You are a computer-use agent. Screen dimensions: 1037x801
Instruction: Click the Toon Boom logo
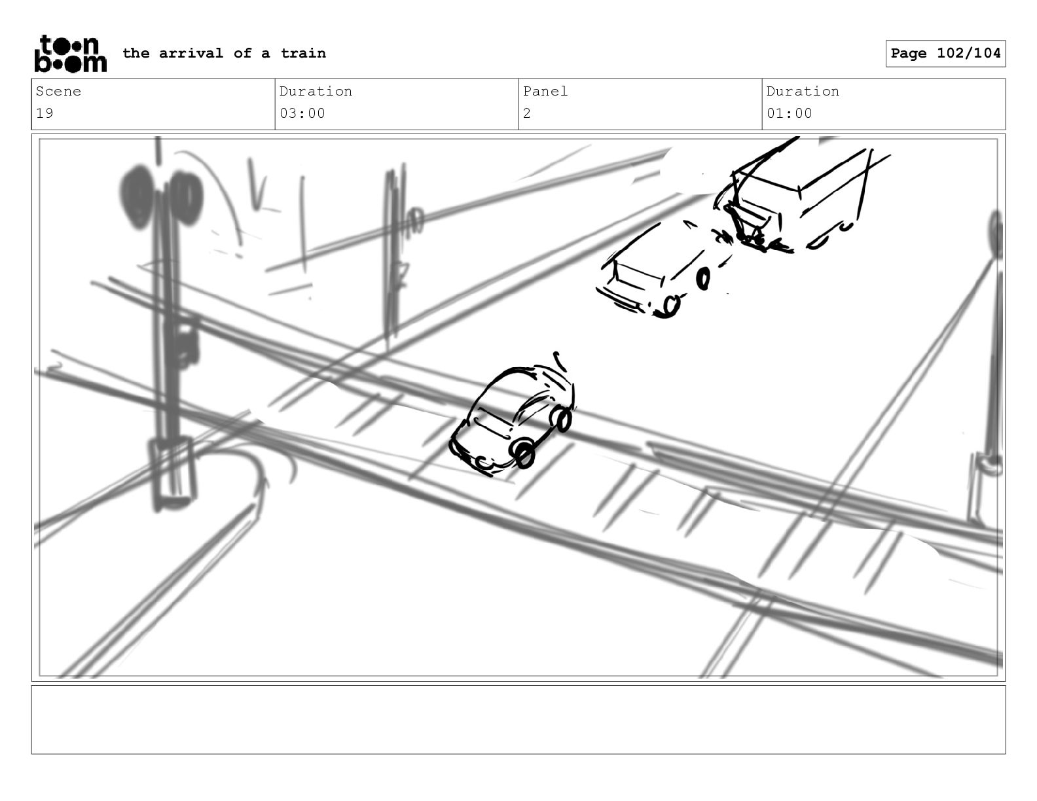(71, 54)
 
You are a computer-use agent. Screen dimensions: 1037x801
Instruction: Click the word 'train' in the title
(303, 53)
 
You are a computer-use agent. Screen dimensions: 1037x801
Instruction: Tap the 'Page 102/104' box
(945, 54)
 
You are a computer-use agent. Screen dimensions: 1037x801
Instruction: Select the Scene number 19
(45, 114)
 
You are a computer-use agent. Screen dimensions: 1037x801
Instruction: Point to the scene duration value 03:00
(302, 114)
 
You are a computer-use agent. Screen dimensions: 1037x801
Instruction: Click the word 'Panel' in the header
(545, 91)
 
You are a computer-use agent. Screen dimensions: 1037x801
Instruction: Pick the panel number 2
(527, 114)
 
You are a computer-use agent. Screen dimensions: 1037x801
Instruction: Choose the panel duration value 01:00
(790, 114)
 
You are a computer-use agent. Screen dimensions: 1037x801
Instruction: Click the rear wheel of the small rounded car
(562, 418)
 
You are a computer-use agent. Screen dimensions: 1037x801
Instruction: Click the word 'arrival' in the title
(191, 53)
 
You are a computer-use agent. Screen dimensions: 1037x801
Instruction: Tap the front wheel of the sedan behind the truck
(669, 306)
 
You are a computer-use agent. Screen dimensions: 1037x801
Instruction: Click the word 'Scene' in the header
(58, 91)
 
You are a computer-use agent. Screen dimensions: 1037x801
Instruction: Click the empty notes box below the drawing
(518, 720)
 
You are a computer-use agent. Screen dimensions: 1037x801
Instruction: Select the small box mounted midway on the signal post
(184, 341)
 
